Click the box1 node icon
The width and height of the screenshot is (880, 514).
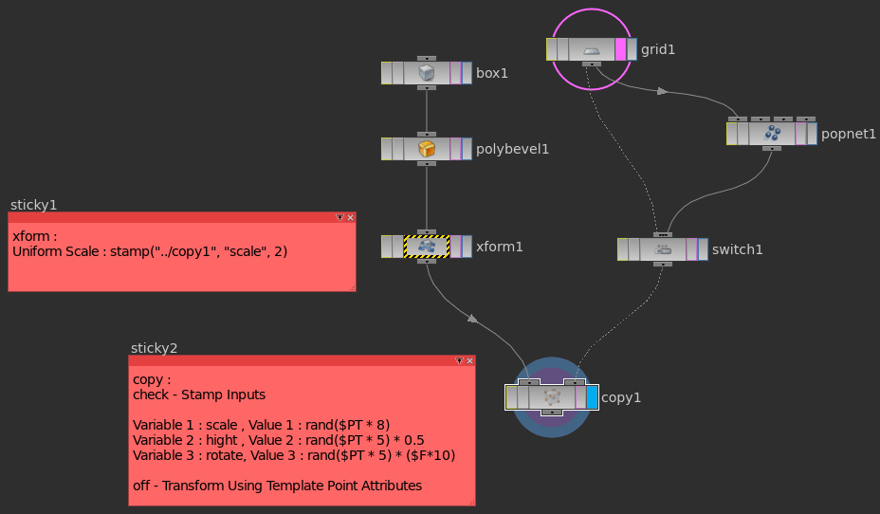click(x=427, y=73)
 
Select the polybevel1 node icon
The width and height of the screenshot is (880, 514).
click(x=427, y=149)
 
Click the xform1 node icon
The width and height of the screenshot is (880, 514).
click(x=427, y=247)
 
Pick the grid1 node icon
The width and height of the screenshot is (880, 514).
click(x=592, y=49)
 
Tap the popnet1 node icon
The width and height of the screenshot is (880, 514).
click(x=773, y=134)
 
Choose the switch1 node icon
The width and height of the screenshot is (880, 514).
click(x=663, y=249)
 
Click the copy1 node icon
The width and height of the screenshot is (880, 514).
click(x=552, y=396)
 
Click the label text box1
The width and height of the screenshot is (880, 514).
click(x=492, y=73)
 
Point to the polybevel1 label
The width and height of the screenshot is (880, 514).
click(x=512, y=149)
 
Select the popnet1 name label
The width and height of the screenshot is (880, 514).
click(x=849, y=134)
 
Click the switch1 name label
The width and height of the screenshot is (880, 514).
click(x=737, y=249)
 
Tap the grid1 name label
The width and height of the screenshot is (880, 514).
click(x=658, y=49)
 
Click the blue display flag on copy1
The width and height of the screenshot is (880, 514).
click(x=592, y=396)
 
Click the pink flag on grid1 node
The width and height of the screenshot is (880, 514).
click(x=621, y=49)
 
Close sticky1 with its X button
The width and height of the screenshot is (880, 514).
click(x=350, y=217)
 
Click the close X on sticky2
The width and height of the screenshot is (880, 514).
click(x=469, y=360)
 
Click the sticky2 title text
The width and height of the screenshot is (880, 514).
click(x=154, y=348)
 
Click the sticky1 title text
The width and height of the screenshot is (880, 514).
click(x=34, y=205)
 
